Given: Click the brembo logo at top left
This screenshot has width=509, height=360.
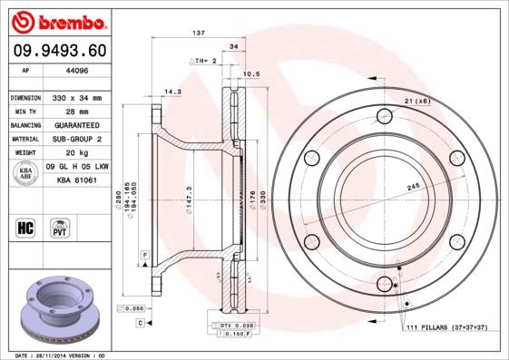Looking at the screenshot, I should click(x=56, y=19).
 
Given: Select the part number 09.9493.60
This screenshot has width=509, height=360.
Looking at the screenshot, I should click(x=56, y=52).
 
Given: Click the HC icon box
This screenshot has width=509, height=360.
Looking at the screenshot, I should click(x=25, y=227).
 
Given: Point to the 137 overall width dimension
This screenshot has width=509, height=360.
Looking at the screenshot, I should click(x=199, y=33).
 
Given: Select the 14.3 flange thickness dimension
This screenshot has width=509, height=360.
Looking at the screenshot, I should click(x=171, y=91).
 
